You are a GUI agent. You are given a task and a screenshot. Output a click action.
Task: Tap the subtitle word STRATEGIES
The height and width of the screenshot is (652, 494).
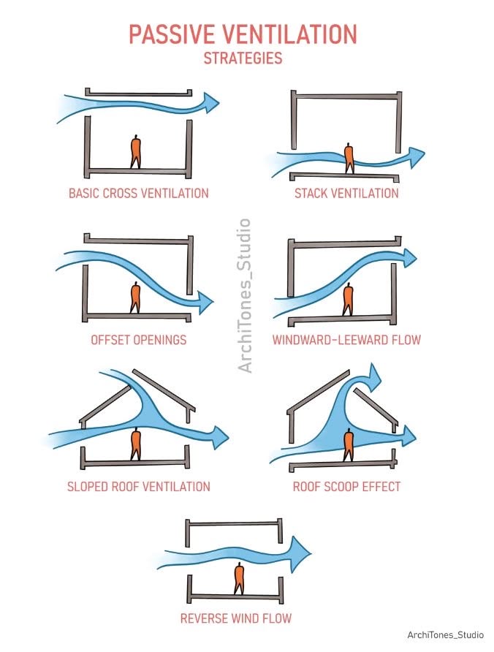point(243,58)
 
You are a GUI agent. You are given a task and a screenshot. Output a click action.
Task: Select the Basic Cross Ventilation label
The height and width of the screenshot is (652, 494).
point(138,194)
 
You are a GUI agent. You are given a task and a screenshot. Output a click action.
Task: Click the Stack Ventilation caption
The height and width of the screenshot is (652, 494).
point(346,194)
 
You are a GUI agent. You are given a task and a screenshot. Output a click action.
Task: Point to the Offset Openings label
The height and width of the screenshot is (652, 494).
point(138,340)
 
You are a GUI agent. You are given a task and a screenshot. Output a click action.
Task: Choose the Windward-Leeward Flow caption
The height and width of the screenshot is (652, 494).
point(346,340)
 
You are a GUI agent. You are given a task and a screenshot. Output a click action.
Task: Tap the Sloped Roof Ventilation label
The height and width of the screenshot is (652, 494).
point(138,487)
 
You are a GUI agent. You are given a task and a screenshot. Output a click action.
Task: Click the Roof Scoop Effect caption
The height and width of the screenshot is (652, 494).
point(346,487)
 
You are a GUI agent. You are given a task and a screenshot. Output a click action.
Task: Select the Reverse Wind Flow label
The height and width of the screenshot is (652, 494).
point(236,618)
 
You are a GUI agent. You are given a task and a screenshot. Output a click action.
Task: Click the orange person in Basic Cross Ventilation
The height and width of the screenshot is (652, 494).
point(136,152)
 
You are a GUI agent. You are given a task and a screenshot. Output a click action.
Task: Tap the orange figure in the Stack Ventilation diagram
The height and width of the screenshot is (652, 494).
point(349,159)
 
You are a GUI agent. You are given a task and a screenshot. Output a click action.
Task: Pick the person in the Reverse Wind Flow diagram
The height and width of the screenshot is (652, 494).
point(239,578)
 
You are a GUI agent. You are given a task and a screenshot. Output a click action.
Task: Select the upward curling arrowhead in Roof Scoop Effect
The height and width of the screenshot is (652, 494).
point(373,376)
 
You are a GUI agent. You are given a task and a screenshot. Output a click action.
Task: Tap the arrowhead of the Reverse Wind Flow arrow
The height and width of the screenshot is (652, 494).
point(301,553)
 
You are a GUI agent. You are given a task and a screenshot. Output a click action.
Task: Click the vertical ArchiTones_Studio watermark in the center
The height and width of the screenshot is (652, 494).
point(244,295)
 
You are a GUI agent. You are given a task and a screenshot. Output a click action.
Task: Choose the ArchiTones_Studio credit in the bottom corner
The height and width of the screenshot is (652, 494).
point(445,635)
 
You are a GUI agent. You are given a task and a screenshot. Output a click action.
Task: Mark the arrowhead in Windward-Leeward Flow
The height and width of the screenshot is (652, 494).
point(408,258)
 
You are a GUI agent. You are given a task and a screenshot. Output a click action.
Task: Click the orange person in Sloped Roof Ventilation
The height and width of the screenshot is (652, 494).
point(136,445)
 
